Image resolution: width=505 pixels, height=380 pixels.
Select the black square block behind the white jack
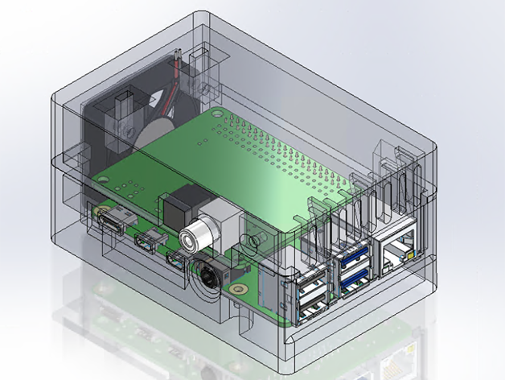tap(181, 205)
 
